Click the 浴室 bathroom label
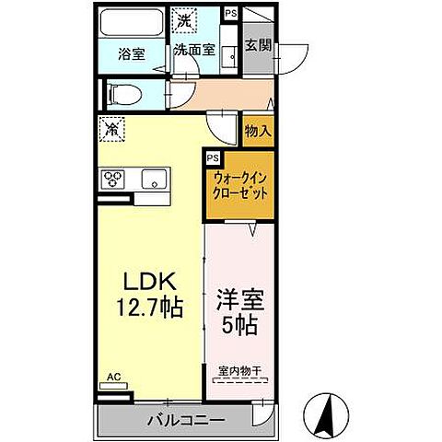point(132,53)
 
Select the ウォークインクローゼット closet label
point(239,187)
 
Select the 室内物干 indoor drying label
point(239,371)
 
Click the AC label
point(113,377)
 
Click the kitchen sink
point(152,179)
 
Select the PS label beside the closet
point(213,157)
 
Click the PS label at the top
point(230,13)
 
